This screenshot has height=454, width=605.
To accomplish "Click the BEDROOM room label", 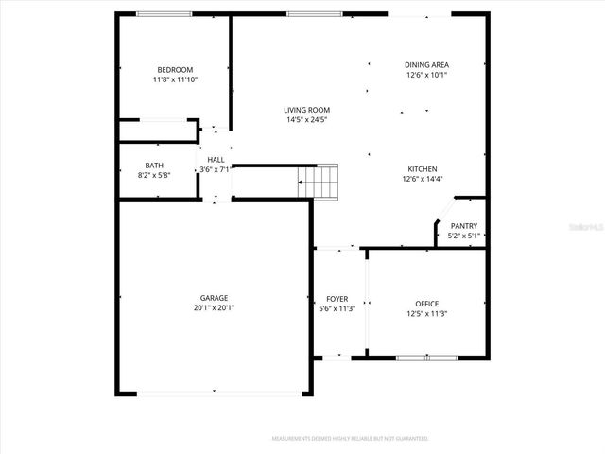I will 175,69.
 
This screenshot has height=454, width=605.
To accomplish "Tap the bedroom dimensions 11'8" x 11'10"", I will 175,79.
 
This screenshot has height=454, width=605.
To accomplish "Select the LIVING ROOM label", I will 307,110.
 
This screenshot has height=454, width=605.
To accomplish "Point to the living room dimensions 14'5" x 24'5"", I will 307,120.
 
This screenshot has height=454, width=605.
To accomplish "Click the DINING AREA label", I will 426,64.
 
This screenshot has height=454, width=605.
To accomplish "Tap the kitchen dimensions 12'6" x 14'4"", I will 423,179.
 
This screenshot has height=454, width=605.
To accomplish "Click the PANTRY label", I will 463,225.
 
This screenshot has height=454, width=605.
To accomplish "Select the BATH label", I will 153,165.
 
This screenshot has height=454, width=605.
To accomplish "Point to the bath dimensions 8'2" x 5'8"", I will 153,175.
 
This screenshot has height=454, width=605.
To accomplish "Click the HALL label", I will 216,159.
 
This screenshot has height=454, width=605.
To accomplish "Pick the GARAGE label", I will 214,297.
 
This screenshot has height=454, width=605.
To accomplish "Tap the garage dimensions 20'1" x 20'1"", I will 214,307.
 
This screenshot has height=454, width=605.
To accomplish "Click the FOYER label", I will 337,298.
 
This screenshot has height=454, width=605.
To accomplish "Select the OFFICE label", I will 426,303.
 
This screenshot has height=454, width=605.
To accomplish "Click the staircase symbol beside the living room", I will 319,181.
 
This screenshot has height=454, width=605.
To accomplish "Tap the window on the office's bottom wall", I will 426,358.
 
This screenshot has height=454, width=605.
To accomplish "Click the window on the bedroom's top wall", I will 164,13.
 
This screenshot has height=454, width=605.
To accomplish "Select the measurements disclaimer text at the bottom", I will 350,439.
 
